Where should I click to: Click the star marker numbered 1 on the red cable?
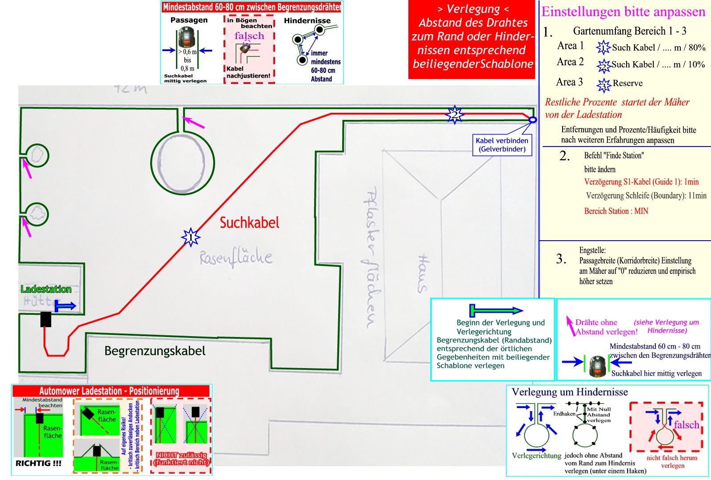click(x=191, y=238)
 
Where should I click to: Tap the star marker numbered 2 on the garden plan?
click(x=454, y=115)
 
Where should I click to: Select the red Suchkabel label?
click(x=249, y=222)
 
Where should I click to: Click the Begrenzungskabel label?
click(x=155, y=351)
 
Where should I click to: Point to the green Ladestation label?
click(x=46, y=289)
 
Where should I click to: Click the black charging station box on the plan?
click(x=45, y=319)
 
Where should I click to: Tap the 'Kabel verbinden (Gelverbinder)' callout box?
click(x=502, y=145)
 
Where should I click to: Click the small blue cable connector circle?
click(x=532, y=119)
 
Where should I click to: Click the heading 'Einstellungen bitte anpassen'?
click(x=623, y=12)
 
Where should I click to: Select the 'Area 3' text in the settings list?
click(x=569, y=82)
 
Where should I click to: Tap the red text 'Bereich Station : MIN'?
click(x=616, y=211)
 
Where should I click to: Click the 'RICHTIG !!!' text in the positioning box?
click(x=38, y=463)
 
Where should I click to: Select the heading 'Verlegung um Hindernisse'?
click(x=570, y=392)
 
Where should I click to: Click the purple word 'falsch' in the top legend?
click(x=249, y=36)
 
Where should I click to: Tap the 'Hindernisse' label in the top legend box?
click(x=307, y=20)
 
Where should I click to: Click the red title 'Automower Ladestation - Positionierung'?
click(x=109, y=391)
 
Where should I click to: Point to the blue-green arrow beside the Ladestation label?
click(x=65, y=306)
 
